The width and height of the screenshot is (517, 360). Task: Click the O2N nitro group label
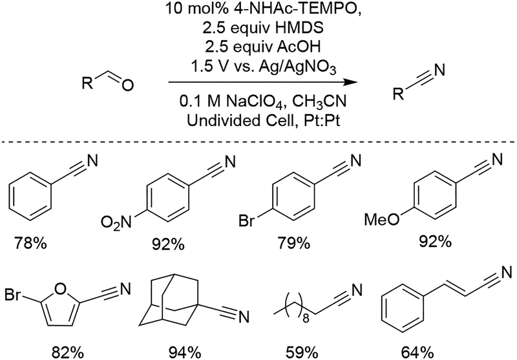(116, 224)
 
